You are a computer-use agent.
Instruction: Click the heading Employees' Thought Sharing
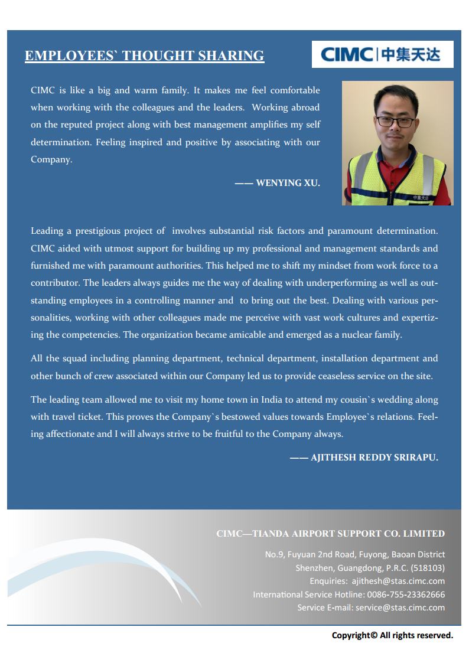(144, 56)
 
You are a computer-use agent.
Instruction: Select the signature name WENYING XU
(288, 183)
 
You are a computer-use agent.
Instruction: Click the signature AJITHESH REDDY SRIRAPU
(374, 458)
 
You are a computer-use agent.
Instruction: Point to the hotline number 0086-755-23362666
(406, 595)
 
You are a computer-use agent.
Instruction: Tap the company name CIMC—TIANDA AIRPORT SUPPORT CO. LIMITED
(330, 534)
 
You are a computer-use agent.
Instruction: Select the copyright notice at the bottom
(392, 636)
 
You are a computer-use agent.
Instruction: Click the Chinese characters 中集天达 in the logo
(411, 55)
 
